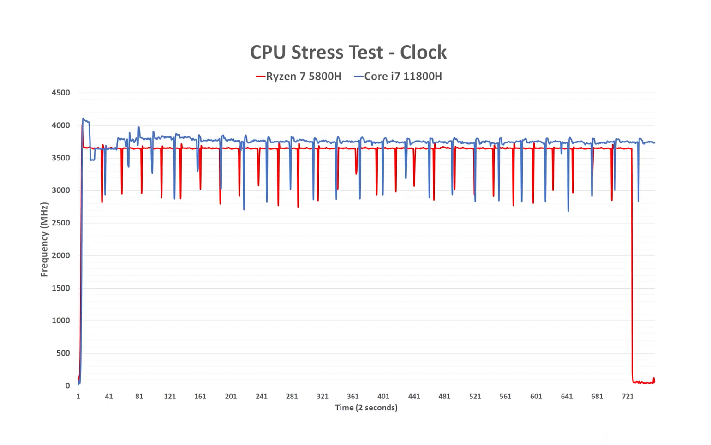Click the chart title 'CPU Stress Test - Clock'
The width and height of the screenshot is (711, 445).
coord(348,52)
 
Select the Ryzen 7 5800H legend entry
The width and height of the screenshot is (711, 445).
coord(299,77)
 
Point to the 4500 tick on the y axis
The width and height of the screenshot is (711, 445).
coord(60,93)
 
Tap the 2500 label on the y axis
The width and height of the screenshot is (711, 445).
coord(60,223)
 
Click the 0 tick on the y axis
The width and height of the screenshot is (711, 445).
coord(67,386)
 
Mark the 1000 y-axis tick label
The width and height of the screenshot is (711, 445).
coord(60,320)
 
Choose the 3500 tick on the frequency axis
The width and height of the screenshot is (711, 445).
coord(60,158)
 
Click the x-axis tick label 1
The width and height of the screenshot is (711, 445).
coord(78,396)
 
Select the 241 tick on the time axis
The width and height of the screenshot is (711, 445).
coord(261,396)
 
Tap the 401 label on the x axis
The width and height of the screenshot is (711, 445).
coord(383,396)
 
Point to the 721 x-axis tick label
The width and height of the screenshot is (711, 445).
coord(627,396)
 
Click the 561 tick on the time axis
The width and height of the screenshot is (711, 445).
coord(505,396)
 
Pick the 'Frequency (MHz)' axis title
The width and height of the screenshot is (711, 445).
coord(44,239)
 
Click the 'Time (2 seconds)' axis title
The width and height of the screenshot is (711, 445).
coord(366,408)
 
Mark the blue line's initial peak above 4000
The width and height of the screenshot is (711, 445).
coord(84,119)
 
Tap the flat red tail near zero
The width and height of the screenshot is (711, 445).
coord(643,382)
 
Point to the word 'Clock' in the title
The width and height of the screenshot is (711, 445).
coord(423,52)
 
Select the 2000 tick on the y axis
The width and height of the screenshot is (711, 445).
coord(60,255)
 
